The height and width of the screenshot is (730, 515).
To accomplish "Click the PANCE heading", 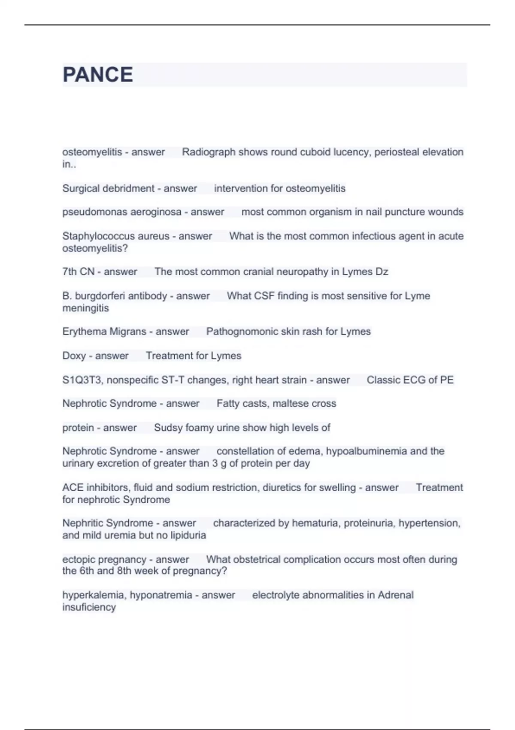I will (x=98, y=75).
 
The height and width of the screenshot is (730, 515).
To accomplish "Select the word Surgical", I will (x=80, y=189).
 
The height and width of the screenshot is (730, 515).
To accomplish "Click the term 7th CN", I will (x=78, y=272).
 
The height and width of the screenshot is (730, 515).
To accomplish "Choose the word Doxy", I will (x=74, y=356).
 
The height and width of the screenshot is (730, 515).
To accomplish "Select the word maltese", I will (x=291, y=404).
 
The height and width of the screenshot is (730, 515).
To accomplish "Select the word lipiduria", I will (x=188, y=535).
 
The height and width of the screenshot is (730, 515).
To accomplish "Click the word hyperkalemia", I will (x=93, y=595).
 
